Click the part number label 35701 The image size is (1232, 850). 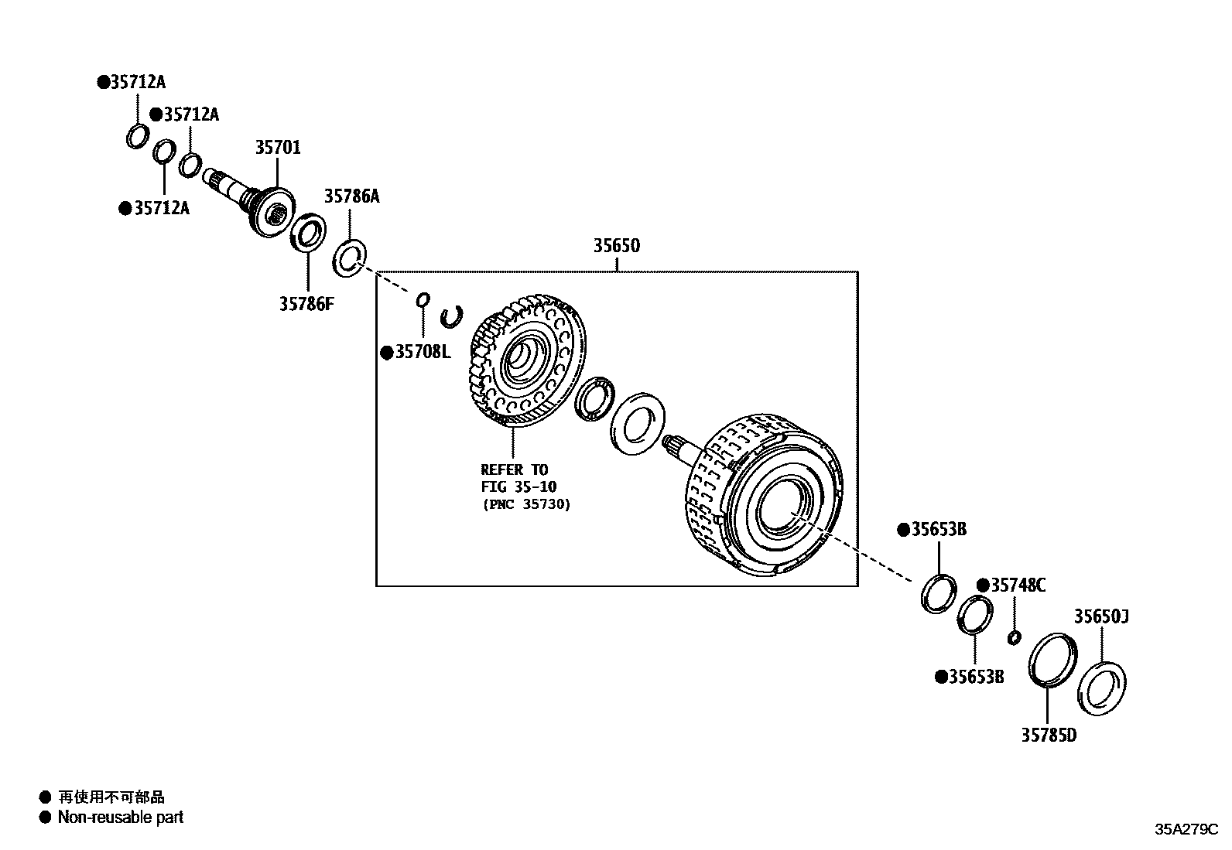[278, 147]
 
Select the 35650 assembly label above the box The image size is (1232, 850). [617, 246]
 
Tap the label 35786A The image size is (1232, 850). [351, 196]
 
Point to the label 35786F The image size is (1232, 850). [307, 304]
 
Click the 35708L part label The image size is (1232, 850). [422, 353]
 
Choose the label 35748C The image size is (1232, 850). [1018, 585]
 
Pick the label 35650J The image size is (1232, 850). [1100, 617]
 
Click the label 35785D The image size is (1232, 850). [1048, 736]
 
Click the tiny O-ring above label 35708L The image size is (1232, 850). [423, 299]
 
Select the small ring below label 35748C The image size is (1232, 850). [1014, 637]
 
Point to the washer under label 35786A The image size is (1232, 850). [350, 258]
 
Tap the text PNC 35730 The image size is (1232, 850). [525, 505]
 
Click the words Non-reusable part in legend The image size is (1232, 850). [120, 818]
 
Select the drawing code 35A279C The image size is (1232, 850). [1186, 830]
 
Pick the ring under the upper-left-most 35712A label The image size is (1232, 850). [137, 135]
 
